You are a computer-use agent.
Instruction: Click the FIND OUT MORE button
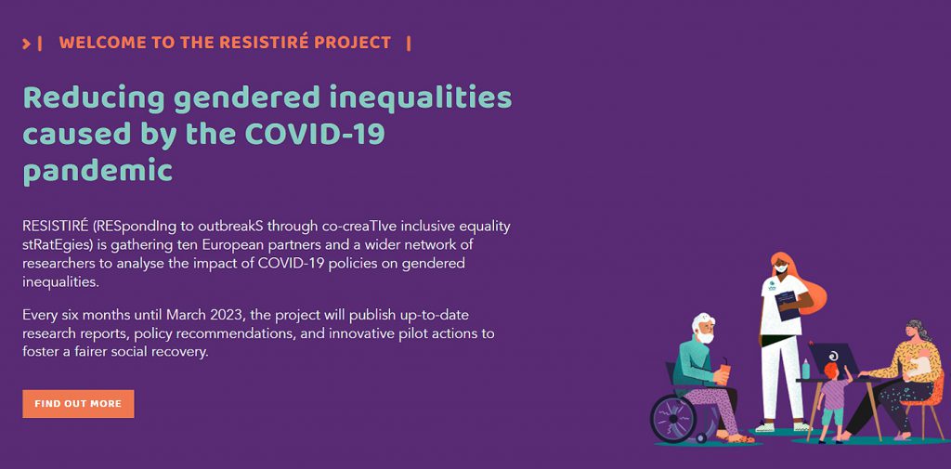(x=78, y=403)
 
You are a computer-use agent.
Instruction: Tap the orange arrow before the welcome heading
(x=26, y=44)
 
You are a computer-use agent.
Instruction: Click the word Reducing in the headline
(x=94, y=98)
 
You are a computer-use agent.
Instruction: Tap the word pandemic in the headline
(x=98, y=172)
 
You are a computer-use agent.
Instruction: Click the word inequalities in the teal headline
(x=421, y=98)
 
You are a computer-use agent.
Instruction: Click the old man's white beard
(x=704, y=335)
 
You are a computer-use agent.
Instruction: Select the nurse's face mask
(x=781, y=267)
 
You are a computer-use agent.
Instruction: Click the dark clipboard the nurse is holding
(x=787, y=306)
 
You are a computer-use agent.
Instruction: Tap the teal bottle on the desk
(x=806, y=369)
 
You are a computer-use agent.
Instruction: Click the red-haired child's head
(x=830, y=371)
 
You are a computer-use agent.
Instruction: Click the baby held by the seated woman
(x=920, y=365)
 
